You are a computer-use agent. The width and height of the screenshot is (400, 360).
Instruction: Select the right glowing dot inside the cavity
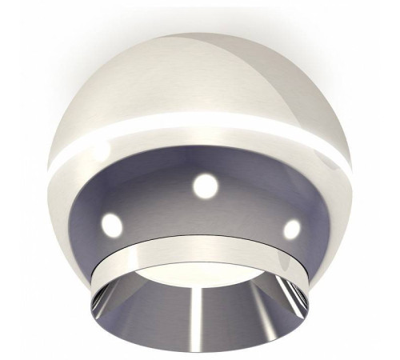click(292, 229)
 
